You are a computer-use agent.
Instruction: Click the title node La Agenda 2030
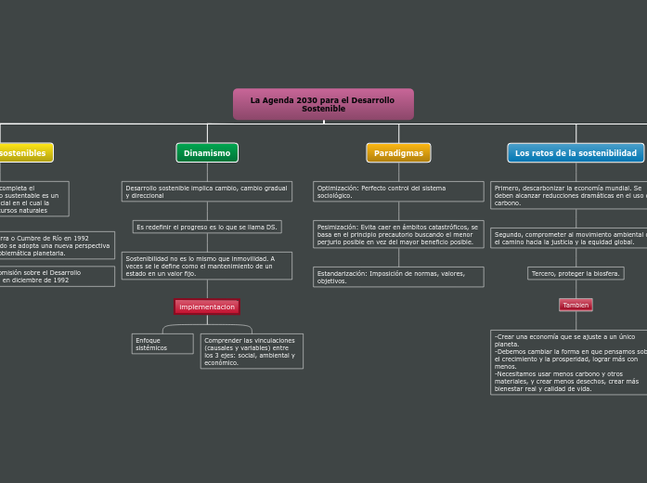click(x=323, y=104)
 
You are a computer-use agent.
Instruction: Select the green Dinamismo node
click(x=207, y=153)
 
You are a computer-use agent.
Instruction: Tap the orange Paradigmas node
click(x=398, y=153)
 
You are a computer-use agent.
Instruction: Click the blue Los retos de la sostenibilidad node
click(x=576, y=153)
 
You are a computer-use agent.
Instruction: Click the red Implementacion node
click(x=207, y=307)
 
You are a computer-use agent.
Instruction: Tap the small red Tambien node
click(x=576, y=305)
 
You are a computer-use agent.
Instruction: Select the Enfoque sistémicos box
click(x=162, y=344)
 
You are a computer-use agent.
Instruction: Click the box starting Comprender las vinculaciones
click(x=251, y=351)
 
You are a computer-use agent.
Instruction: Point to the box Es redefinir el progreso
click(x=207, y=227)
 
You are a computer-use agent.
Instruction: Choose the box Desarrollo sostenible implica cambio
click(x=207, y=191)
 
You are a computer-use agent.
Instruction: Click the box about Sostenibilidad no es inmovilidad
click(x=207, y=266)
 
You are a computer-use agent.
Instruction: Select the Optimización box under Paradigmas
click(x=398, y=191)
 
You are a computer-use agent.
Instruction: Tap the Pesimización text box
click(x=398, y=234)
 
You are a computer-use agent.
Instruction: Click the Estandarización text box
click(x=398, y=277)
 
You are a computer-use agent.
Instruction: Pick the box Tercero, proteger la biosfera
click(x=576, y=273)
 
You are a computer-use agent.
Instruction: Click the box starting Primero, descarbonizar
click(x=569, y=195)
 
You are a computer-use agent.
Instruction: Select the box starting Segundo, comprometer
click(x=569, y=238)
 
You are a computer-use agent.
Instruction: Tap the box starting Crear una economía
click(x=569, y=362)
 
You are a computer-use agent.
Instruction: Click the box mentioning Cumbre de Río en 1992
click(x=56, y=245)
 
